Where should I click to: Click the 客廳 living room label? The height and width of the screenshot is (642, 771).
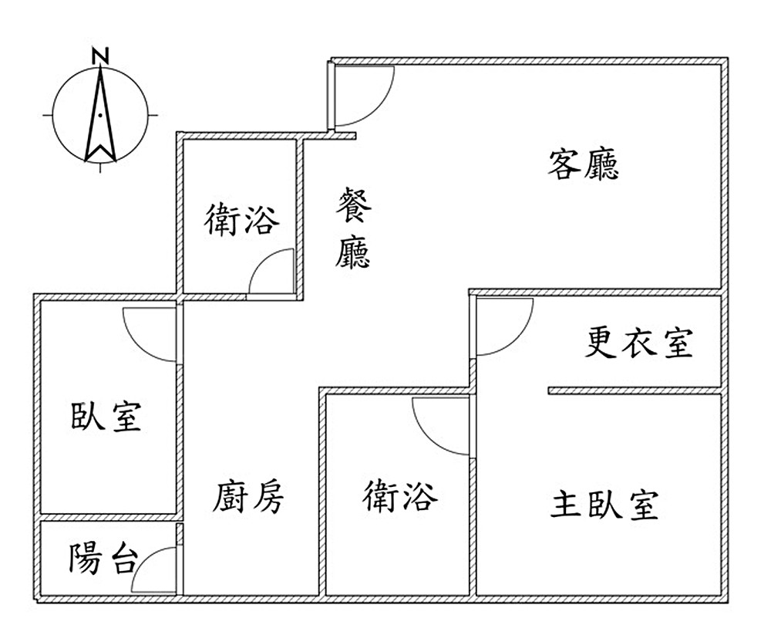[584, 164]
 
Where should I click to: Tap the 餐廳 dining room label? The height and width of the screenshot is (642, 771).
[353, 229]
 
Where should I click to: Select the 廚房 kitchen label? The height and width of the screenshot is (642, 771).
[248, 497]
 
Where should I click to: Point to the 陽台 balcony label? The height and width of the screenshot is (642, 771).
[103, 558]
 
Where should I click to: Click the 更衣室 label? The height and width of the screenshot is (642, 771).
[639, 342]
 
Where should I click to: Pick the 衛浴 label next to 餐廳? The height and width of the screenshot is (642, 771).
[241, 220]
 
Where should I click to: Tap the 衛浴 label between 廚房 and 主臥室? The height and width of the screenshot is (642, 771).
[400, 495]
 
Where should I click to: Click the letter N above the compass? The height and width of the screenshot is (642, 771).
[99, 56]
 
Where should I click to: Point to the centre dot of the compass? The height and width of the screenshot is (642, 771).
[100, 115]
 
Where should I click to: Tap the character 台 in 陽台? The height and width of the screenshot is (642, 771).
[121, 558]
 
